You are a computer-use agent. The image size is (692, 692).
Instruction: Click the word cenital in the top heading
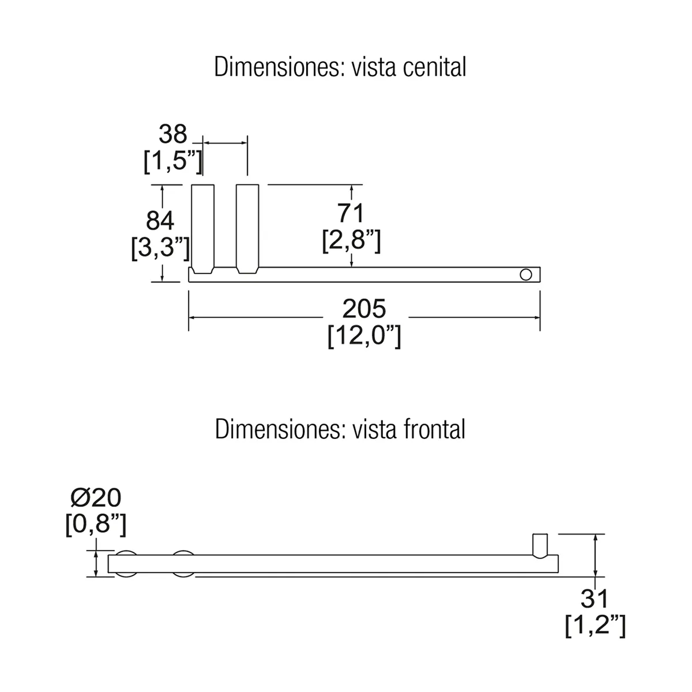click(434, 67)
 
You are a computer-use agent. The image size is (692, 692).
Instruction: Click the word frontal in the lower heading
click(434, 430)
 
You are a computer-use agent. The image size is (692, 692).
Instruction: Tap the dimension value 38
click(173, 134)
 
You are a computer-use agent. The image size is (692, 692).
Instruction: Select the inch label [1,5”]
click(173, 161)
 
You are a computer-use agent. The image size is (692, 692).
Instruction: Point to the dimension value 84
click(160, 221)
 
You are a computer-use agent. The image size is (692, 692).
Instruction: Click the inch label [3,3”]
click(160, 248)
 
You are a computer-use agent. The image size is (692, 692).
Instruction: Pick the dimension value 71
click(351, 213)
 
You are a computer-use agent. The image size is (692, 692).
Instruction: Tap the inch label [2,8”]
click(351, 240)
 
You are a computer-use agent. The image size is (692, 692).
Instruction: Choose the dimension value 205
click(364, 309)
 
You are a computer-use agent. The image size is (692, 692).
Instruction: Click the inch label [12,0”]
click(364, 335)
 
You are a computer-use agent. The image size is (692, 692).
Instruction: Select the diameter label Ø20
click(96, 497)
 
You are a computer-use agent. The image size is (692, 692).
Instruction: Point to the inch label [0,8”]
click(96, 525)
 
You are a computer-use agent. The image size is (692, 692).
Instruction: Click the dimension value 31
click(595, 599)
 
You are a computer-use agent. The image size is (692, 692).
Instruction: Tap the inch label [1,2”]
click(595, 626)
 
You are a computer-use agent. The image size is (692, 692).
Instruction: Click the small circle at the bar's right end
click(525, 275)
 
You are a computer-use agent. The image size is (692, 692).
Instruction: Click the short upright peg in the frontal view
click(540, 545)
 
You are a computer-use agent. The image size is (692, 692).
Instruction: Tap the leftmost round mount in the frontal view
click(125, 563)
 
